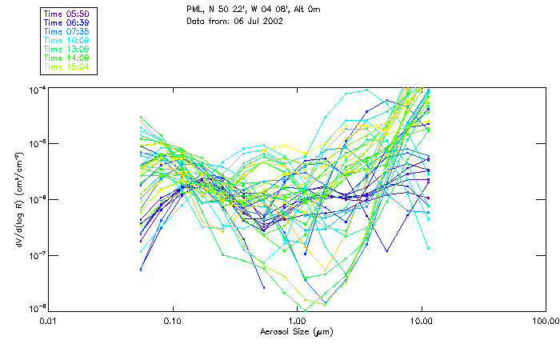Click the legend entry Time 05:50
[x=66, y=14]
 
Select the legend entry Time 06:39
[x=66, y=23]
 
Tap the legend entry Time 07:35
[x=66, y=32]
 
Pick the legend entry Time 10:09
[x=66, y=41]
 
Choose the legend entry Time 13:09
[x=66, y=50]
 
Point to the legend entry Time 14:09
[x=66, y=58]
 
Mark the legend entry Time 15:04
[x=66, y=67]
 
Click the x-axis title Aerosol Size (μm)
[x=297, y=331]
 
